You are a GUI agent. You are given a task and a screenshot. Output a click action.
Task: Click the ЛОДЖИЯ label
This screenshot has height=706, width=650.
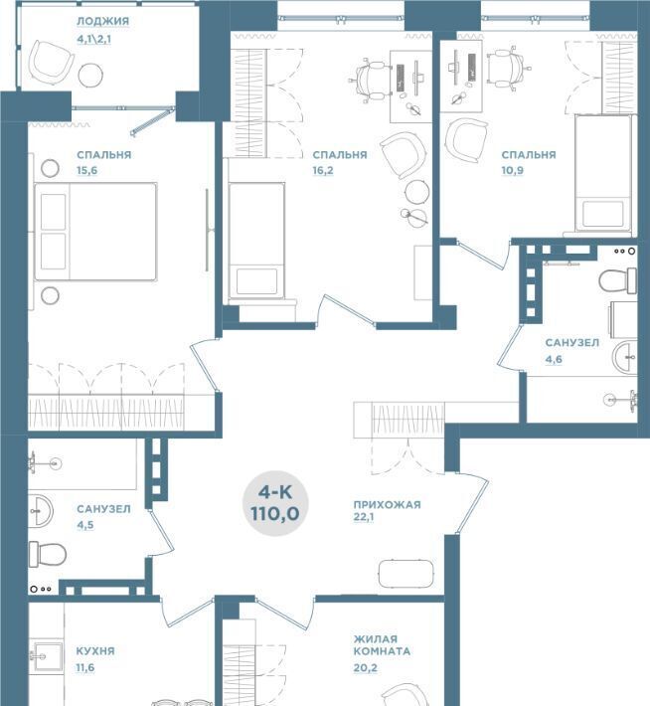tap(102, 21)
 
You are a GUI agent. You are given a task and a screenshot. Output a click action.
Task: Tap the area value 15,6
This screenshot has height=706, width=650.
tap(86, 171)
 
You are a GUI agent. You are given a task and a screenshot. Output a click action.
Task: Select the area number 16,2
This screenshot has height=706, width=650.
tap(323, 171)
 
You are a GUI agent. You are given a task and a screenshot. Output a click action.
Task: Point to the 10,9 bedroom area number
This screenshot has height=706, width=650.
tap(512, 171)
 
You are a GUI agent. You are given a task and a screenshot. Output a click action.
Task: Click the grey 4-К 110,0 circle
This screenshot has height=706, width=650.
tap(275, 503)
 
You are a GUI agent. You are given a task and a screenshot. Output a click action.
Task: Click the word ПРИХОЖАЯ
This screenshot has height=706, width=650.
tap(388, 505)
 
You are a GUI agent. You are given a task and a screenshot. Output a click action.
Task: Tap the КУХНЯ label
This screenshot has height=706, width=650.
tap(95, 651)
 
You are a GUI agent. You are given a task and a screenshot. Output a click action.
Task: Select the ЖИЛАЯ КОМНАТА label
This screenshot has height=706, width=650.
tap(382, 644)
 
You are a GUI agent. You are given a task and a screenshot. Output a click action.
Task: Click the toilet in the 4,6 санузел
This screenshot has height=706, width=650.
tap(617, 280)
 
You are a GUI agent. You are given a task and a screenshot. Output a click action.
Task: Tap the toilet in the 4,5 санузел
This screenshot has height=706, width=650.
tap(48, 554)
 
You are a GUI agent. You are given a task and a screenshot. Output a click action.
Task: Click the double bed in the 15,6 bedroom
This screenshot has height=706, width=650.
tap(95, 232)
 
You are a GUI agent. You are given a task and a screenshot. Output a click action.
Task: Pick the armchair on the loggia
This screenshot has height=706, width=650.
tap(52, 62)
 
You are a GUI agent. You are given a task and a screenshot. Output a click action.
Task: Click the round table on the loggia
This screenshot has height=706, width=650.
tap(90, 75)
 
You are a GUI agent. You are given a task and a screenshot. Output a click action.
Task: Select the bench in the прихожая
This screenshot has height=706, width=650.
tap(406, 574)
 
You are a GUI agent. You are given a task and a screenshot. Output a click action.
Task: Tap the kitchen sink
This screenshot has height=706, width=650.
tap(47, 657)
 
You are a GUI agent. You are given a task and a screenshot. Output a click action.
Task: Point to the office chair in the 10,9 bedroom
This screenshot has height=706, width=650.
tap(508, 69)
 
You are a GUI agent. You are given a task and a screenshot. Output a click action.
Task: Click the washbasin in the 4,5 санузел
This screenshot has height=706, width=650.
tap(41, 511)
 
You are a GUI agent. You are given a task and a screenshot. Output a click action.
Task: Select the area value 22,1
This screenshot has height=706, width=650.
tap(364, 517)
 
